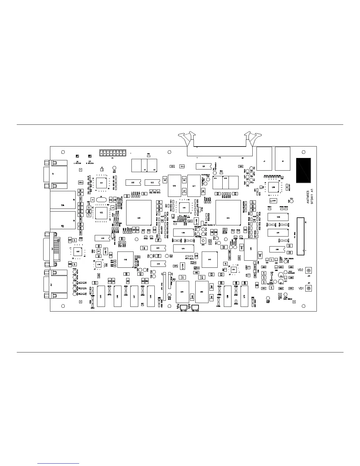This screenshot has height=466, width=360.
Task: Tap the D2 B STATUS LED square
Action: pyautogui.click(x=90, y=156)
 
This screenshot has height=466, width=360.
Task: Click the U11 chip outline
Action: pyautogui.click(x=101, y=183)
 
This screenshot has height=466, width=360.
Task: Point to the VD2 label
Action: pyautogui.click(x=300, y=270)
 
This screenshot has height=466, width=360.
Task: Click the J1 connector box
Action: pyautogui.click(x=264, y=158)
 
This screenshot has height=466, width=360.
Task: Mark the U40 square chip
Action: pyautogui.click(x=125, y=259)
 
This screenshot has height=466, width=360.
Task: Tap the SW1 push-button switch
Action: pyautogui.click(x=203, y=241)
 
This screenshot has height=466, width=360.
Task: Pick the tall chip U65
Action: pyautogui.click(x=101, y=296)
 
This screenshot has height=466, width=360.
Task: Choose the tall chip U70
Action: pyautogui.click(x=244, y=296)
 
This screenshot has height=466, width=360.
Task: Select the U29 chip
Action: pyautogui.click(x=278, y=217)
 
